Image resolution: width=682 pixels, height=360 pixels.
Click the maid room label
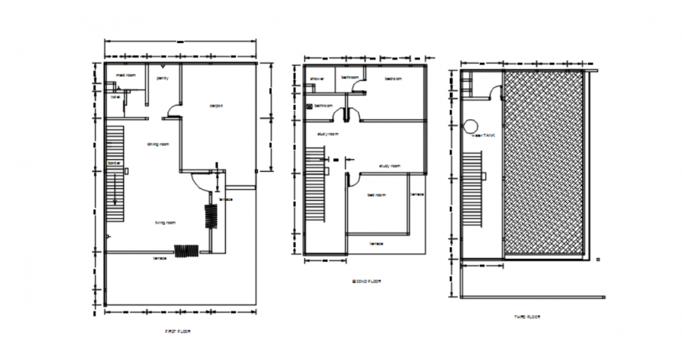coord(126,75)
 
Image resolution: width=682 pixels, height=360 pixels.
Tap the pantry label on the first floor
coord(162,78)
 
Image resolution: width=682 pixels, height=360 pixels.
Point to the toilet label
coord(114,97)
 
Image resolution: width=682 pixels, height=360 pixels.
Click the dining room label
coord(158,144)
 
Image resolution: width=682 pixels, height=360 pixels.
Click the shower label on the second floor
coord(317,79)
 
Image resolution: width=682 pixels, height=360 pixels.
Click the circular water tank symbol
coord(472,125)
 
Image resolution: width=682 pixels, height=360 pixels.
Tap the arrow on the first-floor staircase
coord(114,192)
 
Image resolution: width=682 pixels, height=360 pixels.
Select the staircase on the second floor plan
coord(315,188)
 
